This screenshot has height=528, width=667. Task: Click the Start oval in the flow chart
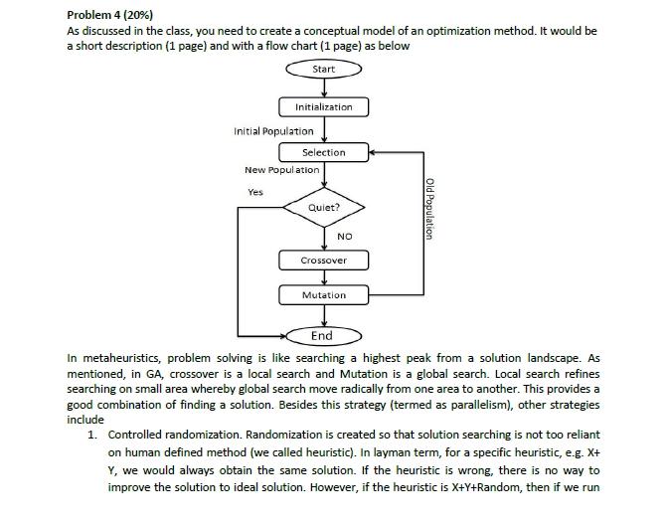tap(323, 69)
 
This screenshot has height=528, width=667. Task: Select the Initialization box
tap(323, 106)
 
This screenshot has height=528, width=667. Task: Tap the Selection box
tap(323, 152)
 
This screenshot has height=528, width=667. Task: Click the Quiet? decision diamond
tap(323, 208)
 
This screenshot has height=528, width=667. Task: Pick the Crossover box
tap(323, 260)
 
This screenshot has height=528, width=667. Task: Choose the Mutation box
tap(323, 295)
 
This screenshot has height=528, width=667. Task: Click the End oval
tap(322, 335)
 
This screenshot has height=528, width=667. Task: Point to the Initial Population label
tap(273, 130)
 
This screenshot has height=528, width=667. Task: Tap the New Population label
tap(281, 170)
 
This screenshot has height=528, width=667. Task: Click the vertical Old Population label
tap(429, 208)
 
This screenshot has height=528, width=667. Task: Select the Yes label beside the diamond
tap(255, 192)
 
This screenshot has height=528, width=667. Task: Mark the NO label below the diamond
tap(345, 236)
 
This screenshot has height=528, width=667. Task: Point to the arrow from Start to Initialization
tap(323, 88)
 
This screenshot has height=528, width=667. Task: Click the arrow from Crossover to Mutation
tap(323, 277)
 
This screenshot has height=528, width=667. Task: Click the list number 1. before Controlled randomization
tap(92, 435)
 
